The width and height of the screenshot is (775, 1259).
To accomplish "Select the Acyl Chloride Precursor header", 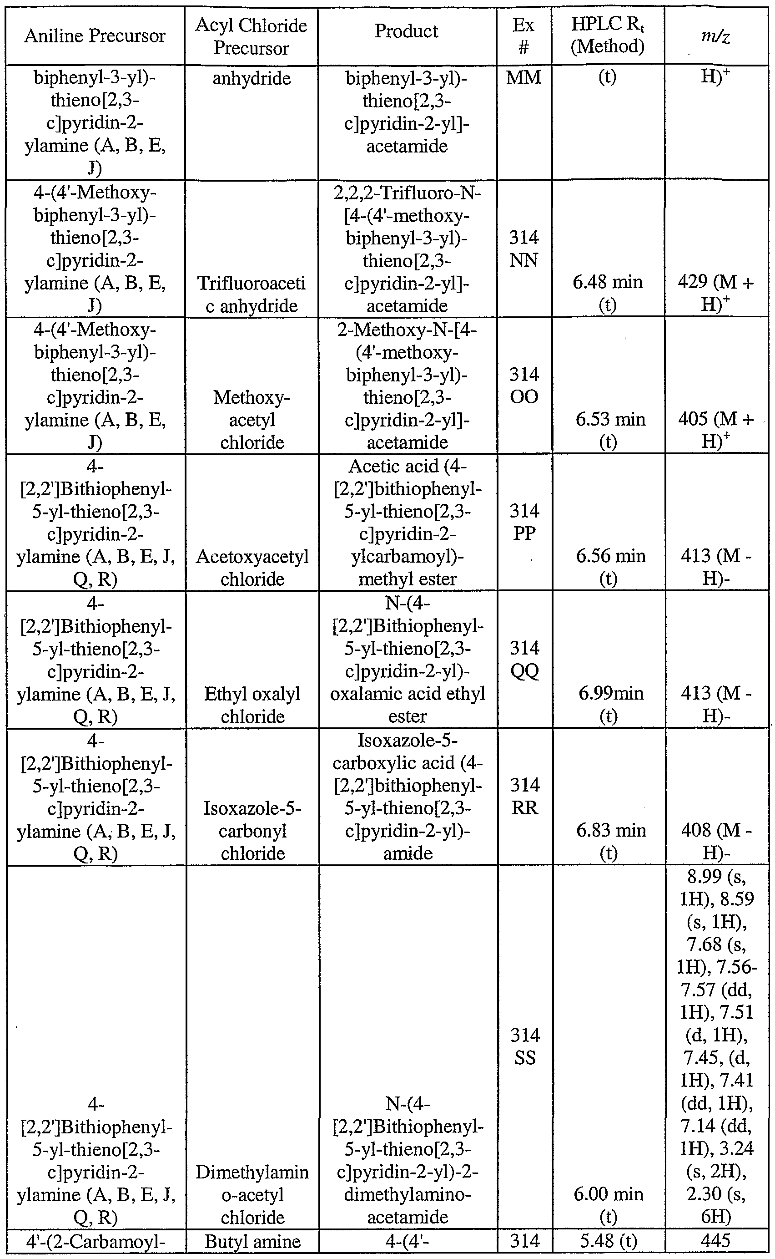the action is (251, 36).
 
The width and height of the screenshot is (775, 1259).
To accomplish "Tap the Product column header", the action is (407, 31).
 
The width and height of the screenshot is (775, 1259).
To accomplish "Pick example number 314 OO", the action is (524, 386).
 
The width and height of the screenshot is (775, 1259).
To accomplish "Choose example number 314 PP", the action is (524, 522).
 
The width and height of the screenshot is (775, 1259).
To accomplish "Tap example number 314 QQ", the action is (524, 660).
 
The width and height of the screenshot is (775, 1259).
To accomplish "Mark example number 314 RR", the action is (524, 796).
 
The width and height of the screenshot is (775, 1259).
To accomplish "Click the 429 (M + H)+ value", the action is (715, 293).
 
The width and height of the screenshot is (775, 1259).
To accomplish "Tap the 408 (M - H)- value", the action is (715, 841).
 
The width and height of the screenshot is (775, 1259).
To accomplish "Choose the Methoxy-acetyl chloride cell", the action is (252, 420).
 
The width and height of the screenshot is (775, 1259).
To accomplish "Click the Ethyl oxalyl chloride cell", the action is (252, 705).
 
